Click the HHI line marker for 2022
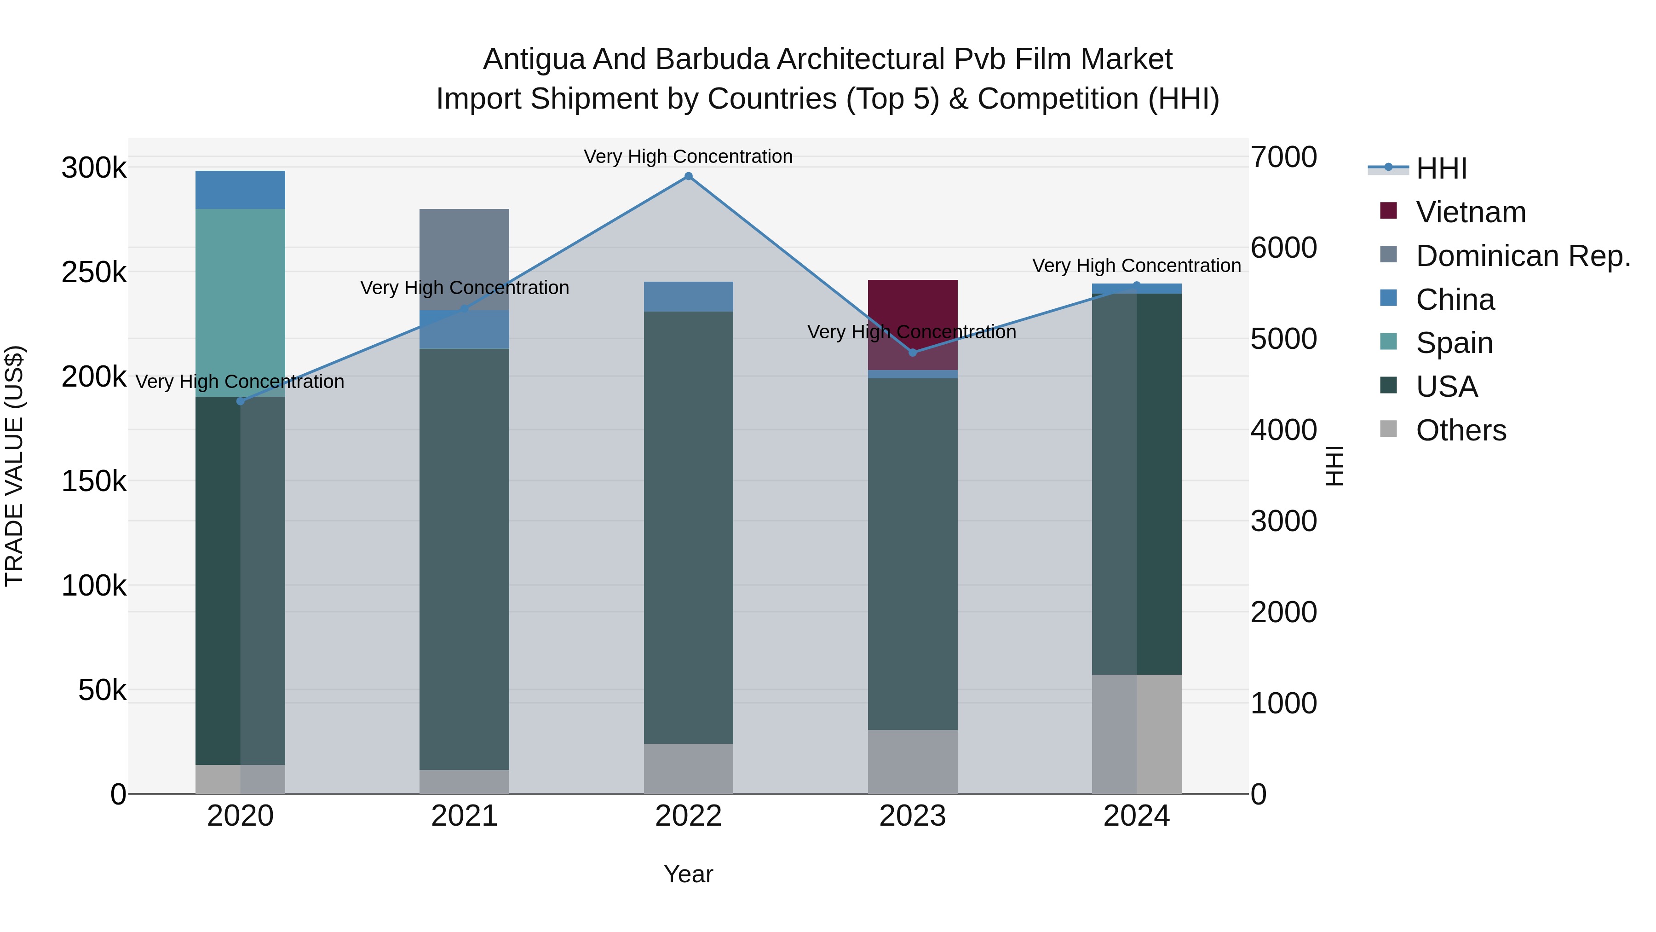click(x=689, y=176)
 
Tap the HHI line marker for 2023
click(x=912, y=353)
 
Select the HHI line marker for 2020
click(x=241, y=401)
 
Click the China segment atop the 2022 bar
click(x=689, y=296)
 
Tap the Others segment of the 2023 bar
click(x=912, y=762)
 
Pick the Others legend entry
click(x=1460, y=430)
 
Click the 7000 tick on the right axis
click(x=1283, y=157)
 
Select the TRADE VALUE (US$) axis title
click(x=14, y=466)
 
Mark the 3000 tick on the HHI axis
click(x=1283, y=521)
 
